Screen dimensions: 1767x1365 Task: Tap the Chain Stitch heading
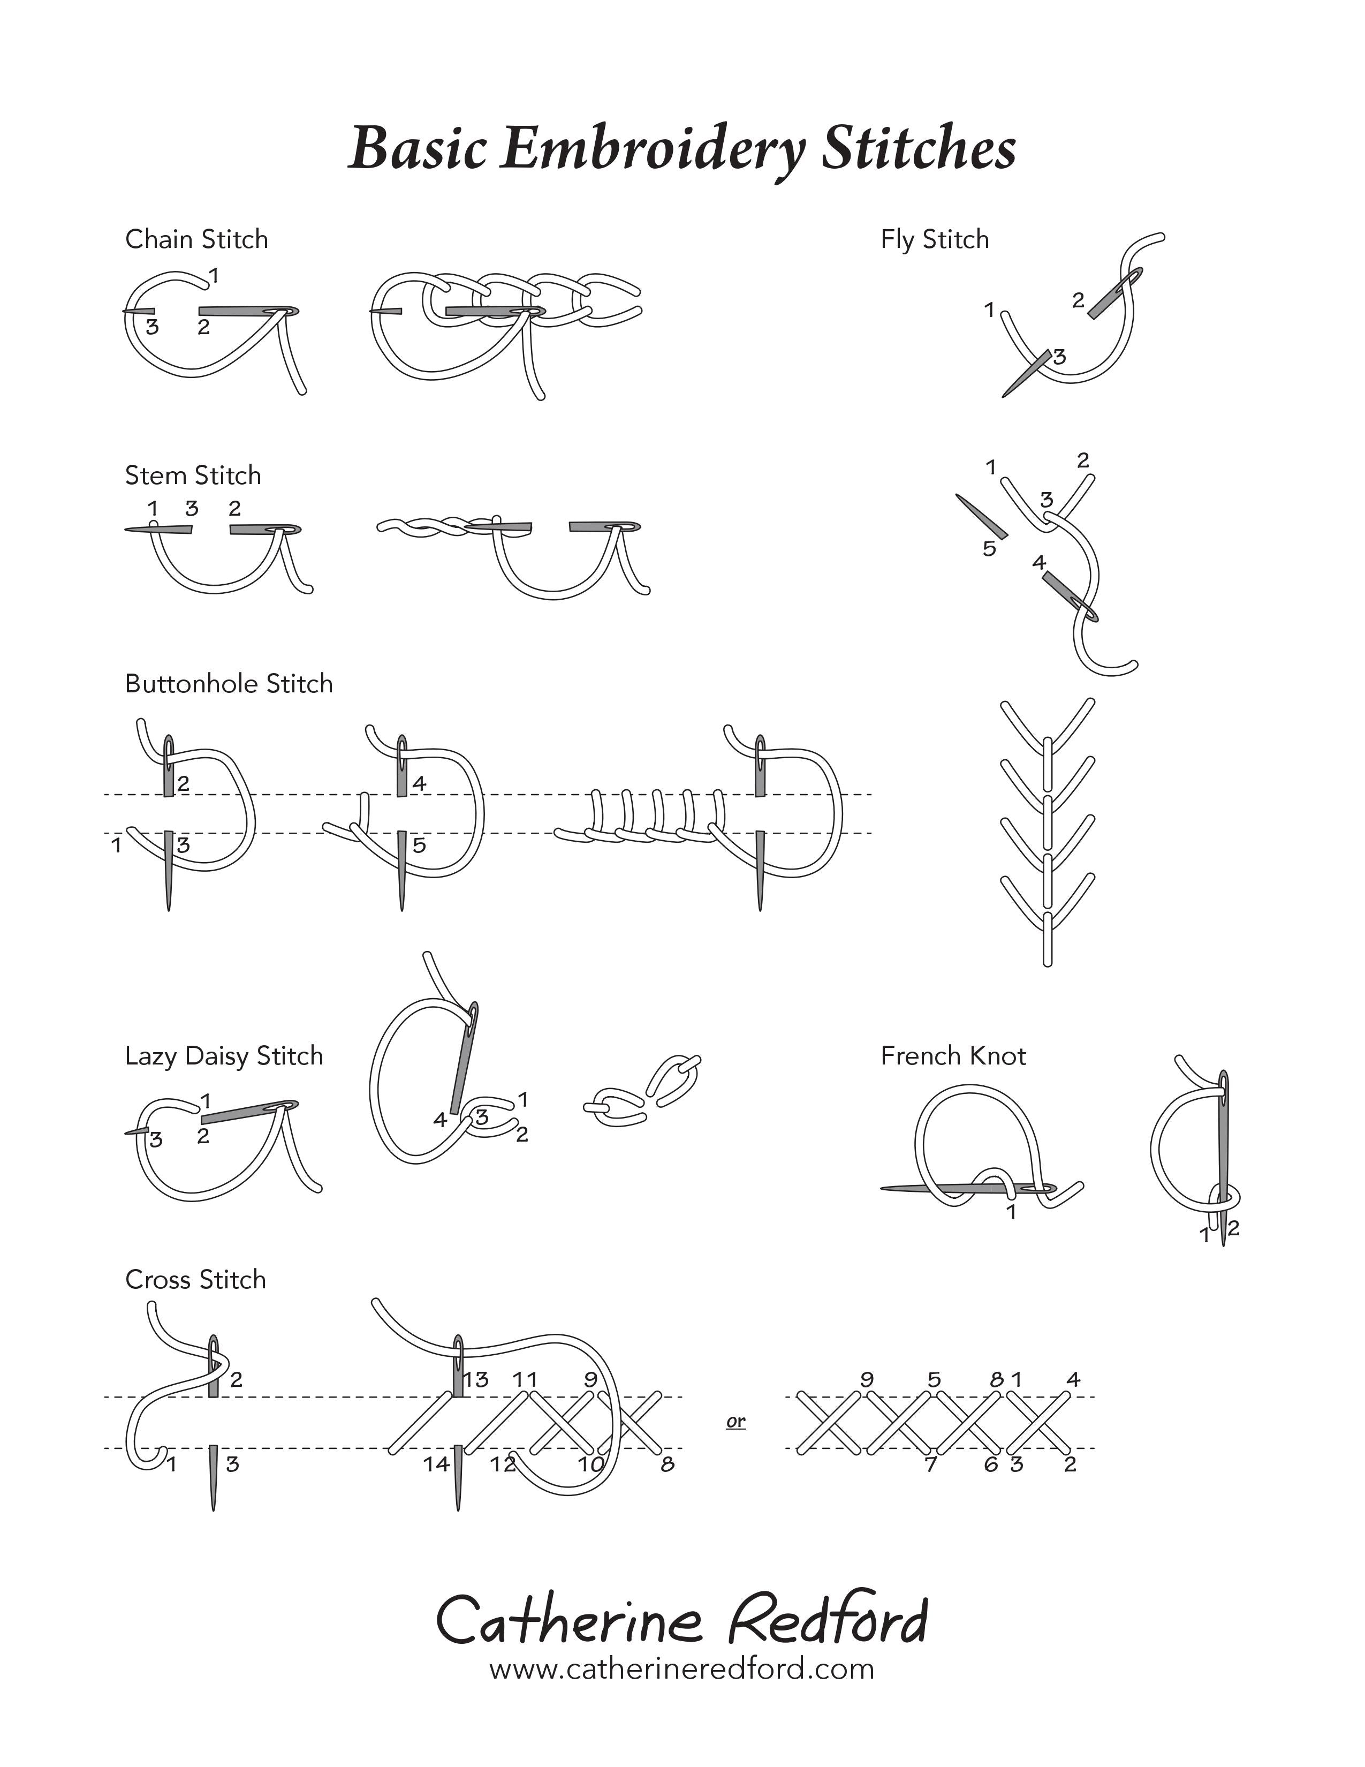(196, 239)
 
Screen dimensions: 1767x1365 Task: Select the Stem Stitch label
(193, 475)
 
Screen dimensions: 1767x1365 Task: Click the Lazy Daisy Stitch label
(224, 1056)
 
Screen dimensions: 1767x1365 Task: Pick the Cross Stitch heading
(196, 1279)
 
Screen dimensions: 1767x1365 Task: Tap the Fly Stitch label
(935, 239)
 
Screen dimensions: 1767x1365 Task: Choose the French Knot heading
(953, 1056)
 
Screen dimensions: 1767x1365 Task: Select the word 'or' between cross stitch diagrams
(736, 1422)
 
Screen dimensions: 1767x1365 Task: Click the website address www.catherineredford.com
(681, 1668)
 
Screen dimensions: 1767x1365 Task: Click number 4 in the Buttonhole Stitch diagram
(419, 783)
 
